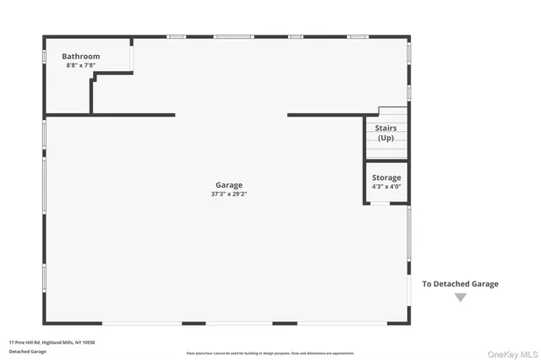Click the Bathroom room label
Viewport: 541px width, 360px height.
82,57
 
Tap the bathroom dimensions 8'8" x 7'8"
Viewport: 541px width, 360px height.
81,65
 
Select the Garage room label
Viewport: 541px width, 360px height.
228,185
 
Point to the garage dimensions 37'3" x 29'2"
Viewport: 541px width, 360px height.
228,194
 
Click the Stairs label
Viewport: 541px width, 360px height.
385,128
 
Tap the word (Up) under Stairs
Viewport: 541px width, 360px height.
385,138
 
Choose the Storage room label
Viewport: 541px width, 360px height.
386,177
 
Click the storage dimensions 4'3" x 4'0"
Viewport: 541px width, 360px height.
386,187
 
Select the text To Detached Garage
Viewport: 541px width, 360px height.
460,284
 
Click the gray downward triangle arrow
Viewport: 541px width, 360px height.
460,297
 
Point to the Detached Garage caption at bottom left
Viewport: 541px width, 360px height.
28,351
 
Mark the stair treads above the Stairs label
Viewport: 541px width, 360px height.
392,113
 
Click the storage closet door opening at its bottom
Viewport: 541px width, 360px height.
380,204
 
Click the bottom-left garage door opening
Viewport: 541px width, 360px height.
141,324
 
